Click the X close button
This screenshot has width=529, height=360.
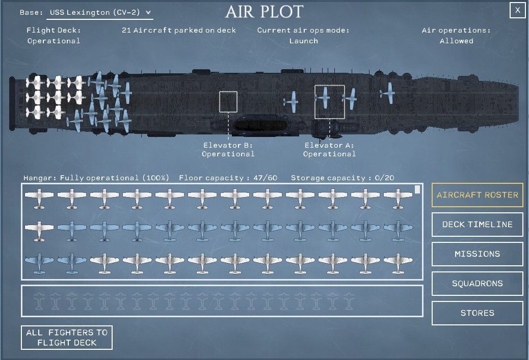point(517,10)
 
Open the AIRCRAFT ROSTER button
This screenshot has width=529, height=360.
point(478,195)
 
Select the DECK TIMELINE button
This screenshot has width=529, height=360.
point(478,225)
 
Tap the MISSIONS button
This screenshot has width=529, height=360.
point(478,254)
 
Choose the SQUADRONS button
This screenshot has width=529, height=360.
point(478,284)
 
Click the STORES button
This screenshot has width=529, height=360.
point(478,313)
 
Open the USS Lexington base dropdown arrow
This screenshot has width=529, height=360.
point(148,12)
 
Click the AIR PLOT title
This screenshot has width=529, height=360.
point(264,12)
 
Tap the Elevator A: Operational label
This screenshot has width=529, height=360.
point(329,150)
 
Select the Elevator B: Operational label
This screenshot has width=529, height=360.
point(228,150)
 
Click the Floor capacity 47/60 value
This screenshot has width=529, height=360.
point(265,178)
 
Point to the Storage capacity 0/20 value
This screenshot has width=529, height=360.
point(384,178)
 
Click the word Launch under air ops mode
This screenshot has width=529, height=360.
point(303,41)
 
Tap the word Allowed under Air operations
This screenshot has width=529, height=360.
point(456,41)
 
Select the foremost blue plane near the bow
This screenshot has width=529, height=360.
point(388,93)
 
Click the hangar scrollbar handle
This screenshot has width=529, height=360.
point(417,189)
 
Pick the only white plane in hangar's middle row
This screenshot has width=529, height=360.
point(39,231)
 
